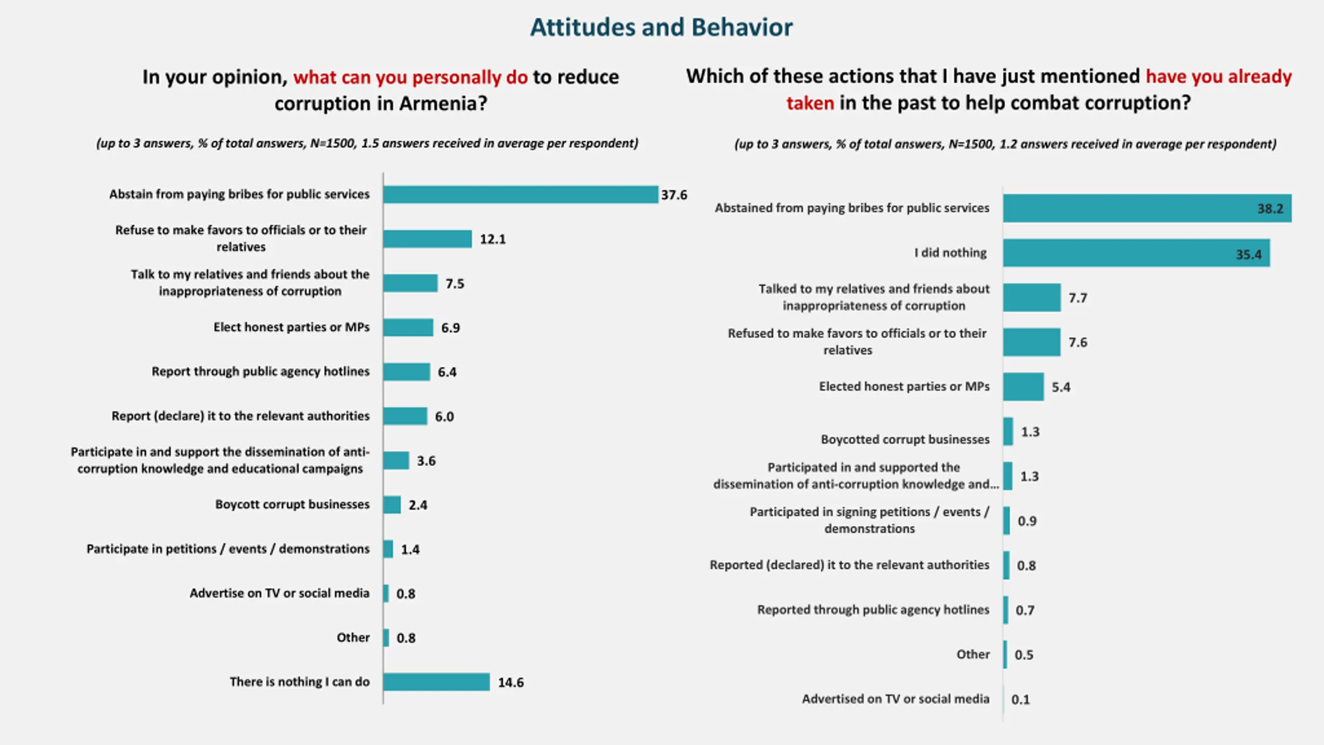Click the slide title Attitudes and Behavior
[661, 27]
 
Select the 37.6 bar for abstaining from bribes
[520, 195]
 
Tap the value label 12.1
[492, 239]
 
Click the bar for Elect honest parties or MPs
[408, 327]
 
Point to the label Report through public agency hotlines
[260, 371]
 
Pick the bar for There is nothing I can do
[436, 682]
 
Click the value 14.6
[510, 682]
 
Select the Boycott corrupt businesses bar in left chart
[392, 505]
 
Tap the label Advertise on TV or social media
[279, 593]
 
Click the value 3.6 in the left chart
[426, 460]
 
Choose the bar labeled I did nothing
[1136, 253]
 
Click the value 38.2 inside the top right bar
[1270, 209]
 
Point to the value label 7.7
[1078, 298]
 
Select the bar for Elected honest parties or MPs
[1023, 386]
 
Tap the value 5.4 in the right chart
[1061, 387]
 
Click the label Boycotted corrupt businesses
[905, 439]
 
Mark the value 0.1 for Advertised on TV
[1020, 699]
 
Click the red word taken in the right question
[810, 103]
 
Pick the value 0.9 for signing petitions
[1027, 521]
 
